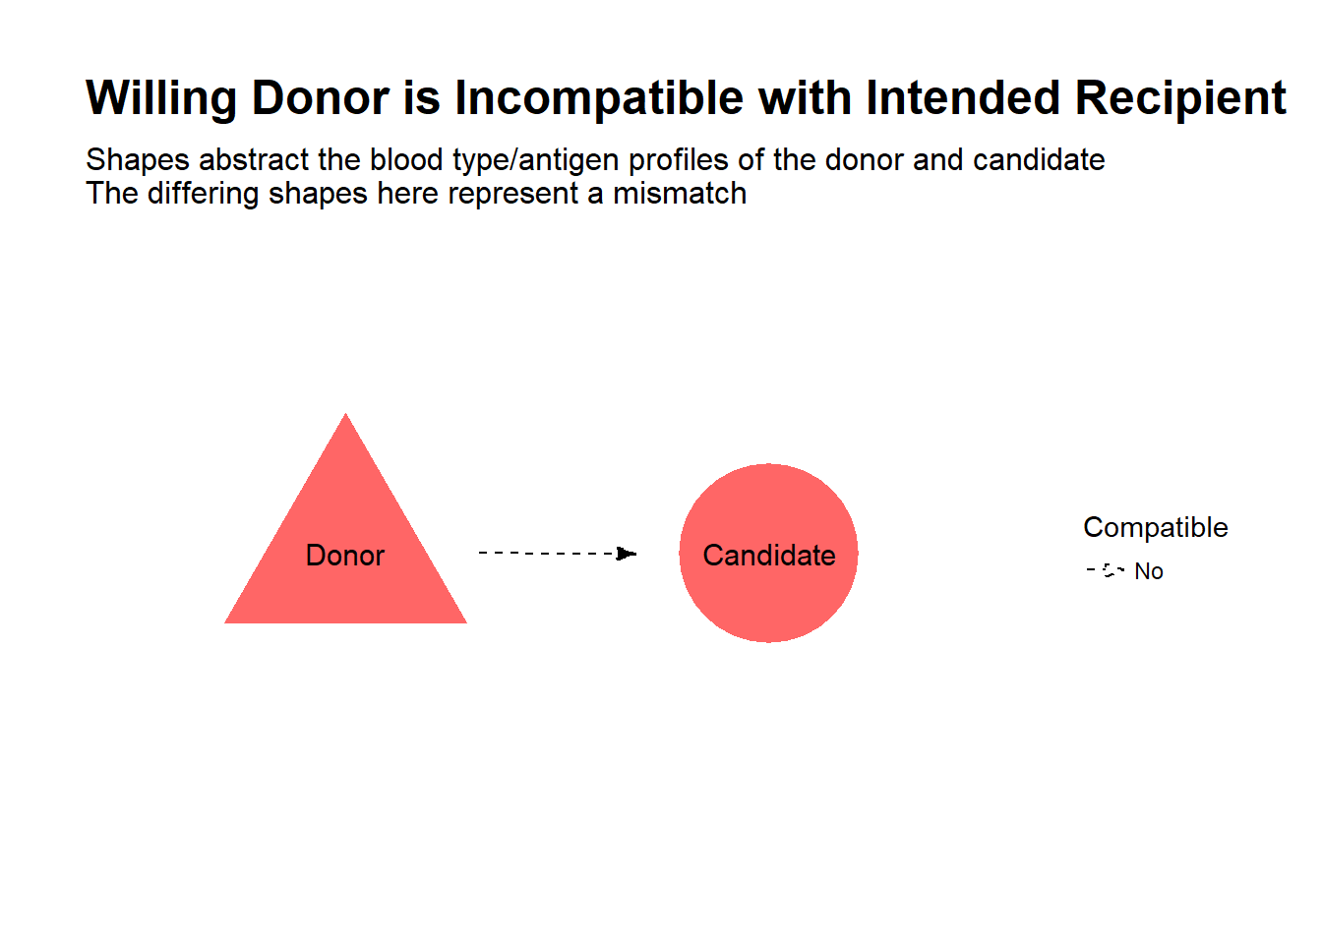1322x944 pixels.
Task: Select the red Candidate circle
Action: tap(768, 553)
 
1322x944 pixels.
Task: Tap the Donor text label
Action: tap(345, 556)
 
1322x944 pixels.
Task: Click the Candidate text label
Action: tap(769, 556)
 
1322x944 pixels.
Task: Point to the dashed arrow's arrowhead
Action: tap(627, 554)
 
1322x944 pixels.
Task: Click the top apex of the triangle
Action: tap(346, 413)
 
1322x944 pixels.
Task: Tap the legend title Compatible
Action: tap(1156, 527)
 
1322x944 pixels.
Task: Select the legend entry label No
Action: tap(1149, 571)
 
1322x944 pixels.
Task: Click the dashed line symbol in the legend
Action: tap(1106, 570)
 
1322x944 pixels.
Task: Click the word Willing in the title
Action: tap(161, 98)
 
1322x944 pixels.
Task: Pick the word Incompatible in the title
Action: tap(598, 98)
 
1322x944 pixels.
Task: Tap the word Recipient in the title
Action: tap(1180, 98)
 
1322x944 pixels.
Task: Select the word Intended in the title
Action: tap(963, 97)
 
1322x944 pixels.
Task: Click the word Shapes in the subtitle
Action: tap(138, 160)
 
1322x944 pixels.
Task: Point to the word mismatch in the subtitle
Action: tap(680, 193)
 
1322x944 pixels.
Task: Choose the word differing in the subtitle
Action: tap(203, 194)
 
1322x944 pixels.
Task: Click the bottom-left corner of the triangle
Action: tap(224, 623)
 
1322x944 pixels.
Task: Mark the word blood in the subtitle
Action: tap(406, 159)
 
